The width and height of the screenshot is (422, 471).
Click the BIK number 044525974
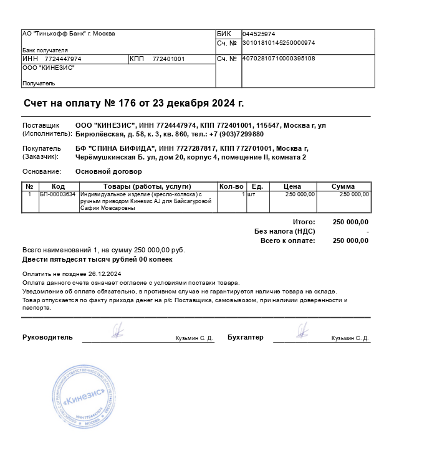click(259, 34)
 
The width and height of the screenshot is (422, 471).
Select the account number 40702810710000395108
click(278, 59)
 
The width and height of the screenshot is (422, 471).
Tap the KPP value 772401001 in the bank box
click(168, 59)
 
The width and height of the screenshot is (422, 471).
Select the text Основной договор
click(108, 171)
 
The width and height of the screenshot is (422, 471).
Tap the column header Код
click(58, 186)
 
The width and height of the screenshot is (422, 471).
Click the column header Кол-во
click(231, 186)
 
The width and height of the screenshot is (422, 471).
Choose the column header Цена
click(292, 186)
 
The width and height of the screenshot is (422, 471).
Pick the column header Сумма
click(343, 186)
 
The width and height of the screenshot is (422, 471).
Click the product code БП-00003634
click(58, 194)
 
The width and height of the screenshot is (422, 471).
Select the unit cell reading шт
click(251, 194)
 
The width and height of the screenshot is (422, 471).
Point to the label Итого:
click(304, 222)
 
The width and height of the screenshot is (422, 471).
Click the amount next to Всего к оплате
click(350, 240)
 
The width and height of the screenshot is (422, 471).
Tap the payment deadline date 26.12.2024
click(105, 274)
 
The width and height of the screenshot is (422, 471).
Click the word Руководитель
click(47, 337)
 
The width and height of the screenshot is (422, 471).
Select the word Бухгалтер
click(246, 337)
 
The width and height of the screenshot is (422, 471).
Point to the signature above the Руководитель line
click(117, 330)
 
